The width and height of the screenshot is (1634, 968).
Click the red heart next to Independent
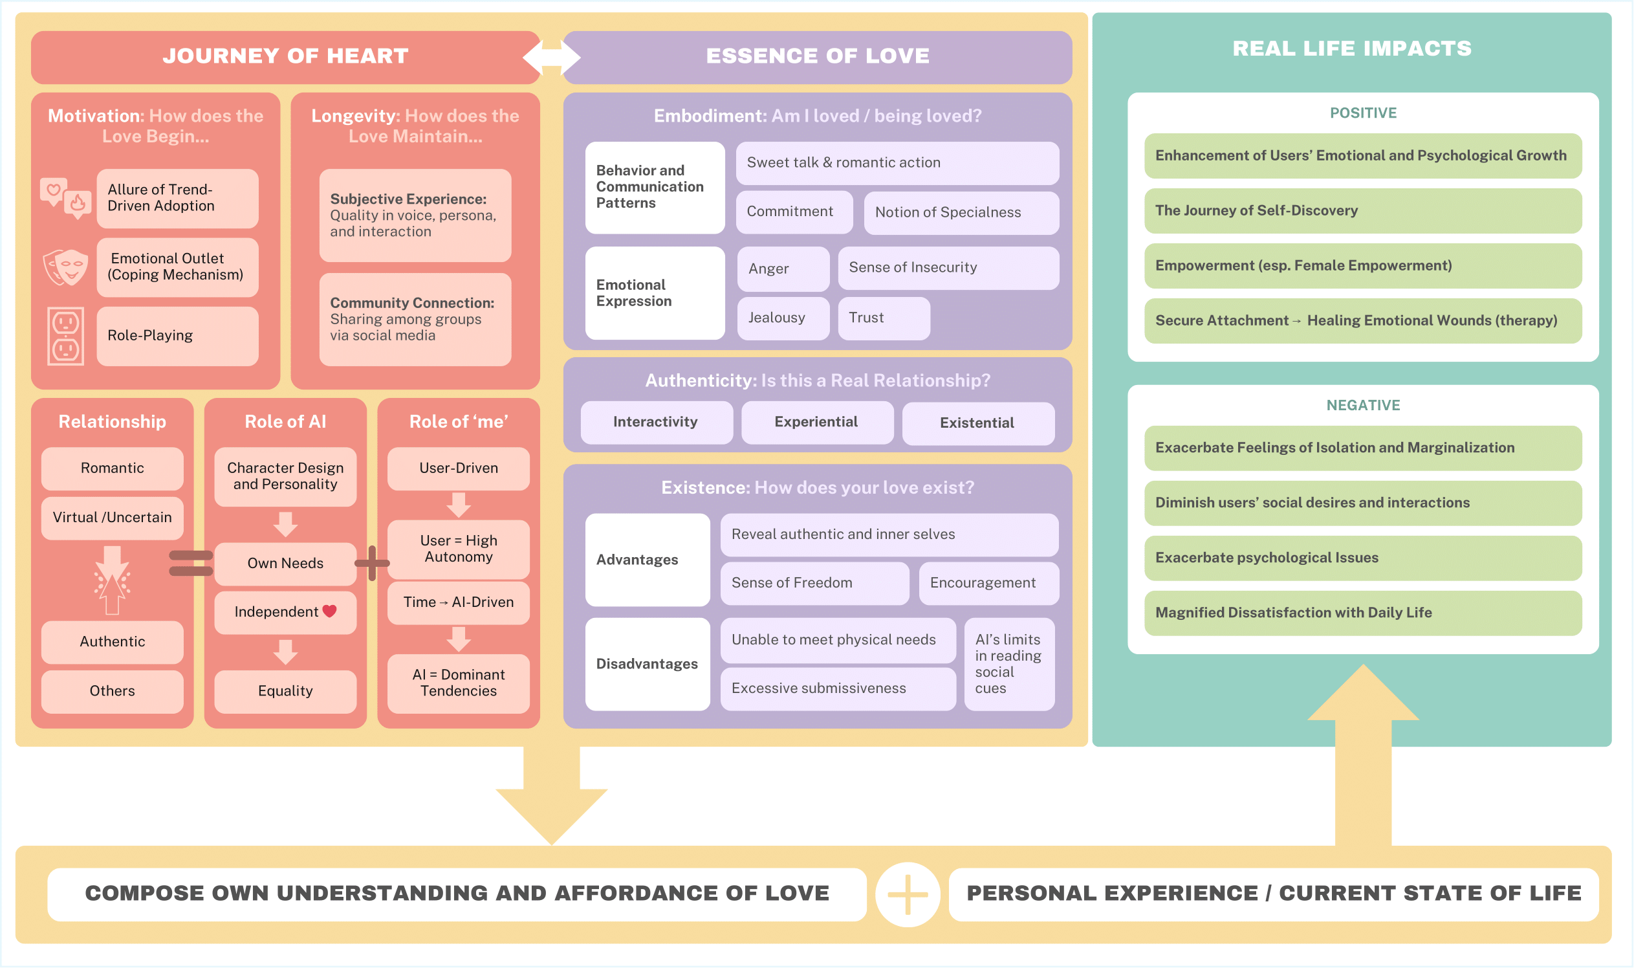tap(329, 611)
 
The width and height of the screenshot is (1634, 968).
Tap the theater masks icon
tap(65, 267)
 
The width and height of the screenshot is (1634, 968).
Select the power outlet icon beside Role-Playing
tap(65, 336)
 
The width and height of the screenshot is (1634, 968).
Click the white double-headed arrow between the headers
tap(552, 57)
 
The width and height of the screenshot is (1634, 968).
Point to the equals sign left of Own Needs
tap(190, 563)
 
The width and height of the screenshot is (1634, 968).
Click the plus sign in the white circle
tap(907, 894)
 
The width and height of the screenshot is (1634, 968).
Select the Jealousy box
tap(783, 318)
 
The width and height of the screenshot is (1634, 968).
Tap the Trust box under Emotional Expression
tap(883, 318)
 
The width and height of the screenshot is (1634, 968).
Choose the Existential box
tap(977, 423)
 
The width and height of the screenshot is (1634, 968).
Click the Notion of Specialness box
tap(961, 212)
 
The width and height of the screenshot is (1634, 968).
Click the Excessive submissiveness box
tap(837, 688)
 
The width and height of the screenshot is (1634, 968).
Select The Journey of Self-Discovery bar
tap(1362, 210)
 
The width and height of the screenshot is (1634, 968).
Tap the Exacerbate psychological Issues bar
tap(1362, 558)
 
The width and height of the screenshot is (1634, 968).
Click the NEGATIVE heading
tap(1363, 405)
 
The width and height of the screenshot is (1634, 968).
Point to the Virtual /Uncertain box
tap(112, 517)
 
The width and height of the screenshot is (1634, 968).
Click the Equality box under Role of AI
tap(285, 691)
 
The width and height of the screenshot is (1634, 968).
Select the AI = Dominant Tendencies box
tap(459, 683)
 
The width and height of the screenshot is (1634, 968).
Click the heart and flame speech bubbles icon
tap(65, 197)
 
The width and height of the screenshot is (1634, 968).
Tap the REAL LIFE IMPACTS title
tap(1352, 49)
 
